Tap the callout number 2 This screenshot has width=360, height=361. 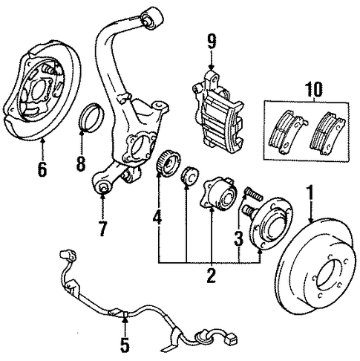click(211, 276)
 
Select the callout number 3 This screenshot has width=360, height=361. click(238, 239)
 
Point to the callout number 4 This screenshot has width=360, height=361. click(157, 217)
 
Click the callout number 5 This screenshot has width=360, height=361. click(125, 345)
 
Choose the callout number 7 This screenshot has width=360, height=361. click(102, 228)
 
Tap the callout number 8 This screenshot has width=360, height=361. click(81, 163)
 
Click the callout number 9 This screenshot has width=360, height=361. click(212, 41)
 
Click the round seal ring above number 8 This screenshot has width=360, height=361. click(91, 117)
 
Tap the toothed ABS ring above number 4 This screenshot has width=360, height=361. click(168, 163)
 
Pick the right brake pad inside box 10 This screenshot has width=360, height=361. click(327, 133)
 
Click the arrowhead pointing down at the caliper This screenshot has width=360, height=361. click(211, 67)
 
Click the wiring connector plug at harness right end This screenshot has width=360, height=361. click(232, 340)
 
